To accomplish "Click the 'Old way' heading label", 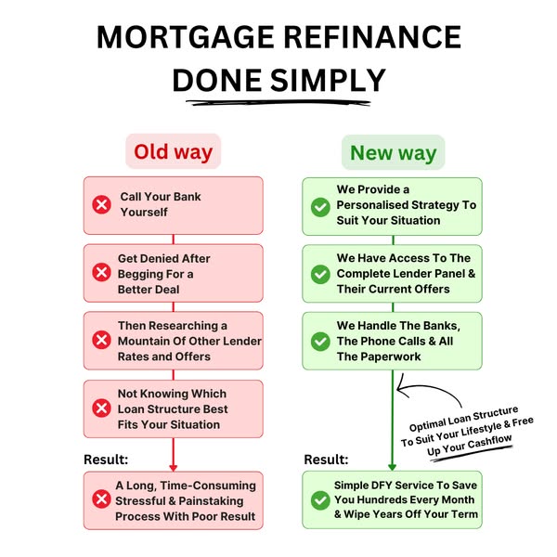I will pyautogui.click(x=173, y=152).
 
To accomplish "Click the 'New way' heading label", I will pyautogui.click(x=393, y=152).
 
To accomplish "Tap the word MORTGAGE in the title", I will pyautogui.click(x=187, y=37).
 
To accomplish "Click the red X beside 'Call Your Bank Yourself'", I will pyautogui.click(x=100, y=205).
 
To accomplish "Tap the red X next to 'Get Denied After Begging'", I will pyautogui.click(x=100, y=272).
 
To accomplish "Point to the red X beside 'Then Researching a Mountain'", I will pyautogui.click(x=100, y=340).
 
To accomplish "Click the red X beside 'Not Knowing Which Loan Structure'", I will pyautogui.click(x=100, y=408).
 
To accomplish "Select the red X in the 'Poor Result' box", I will pyautogui.click(x=100, y=499).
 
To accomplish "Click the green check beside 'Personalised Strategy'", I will pyautogui.click(x=320, y=205).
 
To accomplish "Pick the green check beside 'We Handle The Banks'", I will pyautogui.click(x=320, y=341).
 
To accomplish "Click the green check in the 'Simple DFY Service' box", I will pyautogui.click(x=320, y=499).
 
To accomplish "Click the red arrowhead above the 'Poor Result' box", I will pyautogui.click(x=174, y=466).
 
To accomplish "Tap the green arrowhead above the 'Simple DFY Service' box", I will pyautogui.click(x=393, y=466).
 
